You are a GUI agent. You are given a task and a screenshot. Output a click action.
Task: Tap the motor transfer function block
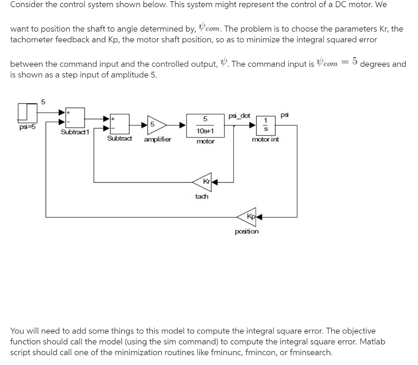pos(206,125)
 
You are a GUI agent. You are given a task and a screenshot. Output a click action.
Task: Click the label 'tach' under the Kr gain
pos(202,196)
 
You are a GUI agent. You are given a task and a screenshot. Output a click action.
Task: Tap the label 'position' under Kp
pos(247,231)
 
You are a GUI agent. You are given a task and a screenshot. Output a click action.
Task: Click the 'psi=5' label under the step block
pos(27,127)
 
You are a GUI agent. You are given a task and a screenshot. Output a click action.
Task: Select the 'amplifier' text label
pos(158,139)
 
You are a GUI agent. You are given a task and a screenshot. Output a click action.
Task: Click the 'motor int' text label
pos(265,139)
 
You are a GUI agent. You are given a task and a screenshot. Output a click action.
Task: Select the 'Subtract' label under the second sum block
pos(120,139)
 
